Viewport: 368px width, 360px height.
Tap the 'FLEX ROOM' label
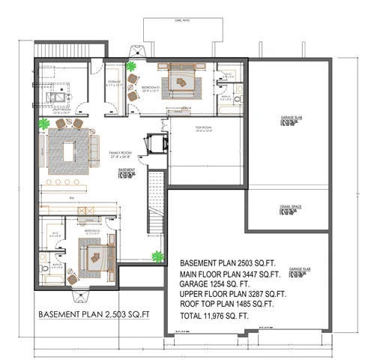(x=204, y=128)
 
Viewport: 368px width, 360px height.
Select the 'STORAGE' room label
(x=114, y=80)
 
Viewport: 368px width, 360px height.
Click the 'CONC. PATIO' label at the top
(x=180, y=19)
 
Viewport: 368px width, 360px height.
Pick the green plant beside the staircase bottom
(x=157, y=256)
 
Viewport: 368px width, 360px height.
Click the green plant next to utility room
(x=44, y=123)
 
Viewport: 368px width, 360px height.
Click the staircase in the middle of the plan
(x=155, y=202)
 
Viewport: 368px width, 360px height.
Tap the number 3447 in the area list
(x=240, y=274)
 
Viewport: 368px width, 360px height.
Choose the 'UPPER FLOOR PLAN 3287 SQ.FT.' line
(x=233, y=294)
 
